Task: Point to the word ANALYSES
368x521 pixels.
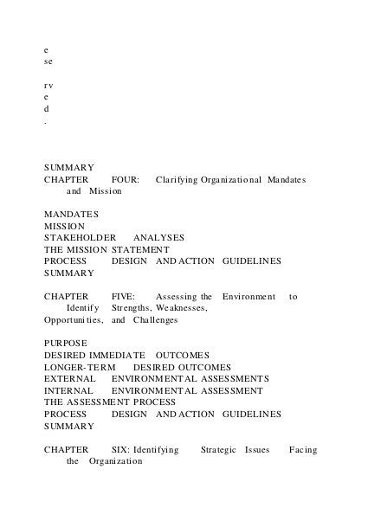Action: [x=158, y=236]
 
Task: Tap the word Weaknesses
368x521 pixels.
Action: [x=180, y=307]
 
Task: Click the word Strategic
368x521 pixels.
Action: [x=219, y=450]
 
